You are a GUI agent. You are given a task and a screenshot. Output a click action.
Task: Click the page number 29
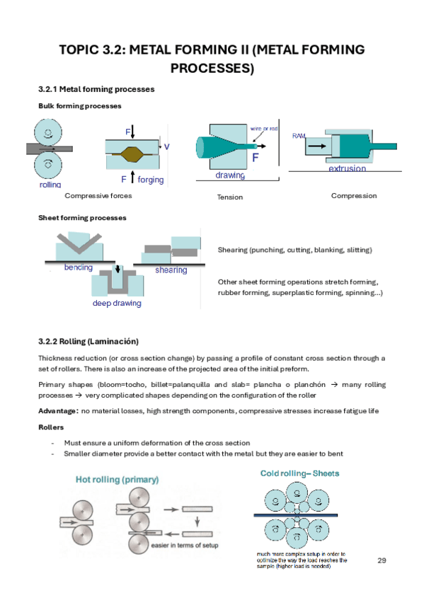coord(382,560)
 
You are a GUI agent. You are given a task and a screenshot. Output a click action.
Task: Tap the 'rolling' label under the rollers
coord(50,185)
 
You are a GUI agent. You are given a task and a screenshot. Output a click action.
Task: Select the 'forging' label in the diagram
coord(150,180)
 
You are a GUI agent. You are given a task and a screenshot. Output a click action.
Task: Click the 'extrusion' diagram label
coord(347,168)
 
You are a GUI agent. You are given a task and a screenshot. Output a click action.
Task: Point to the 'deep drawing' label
coord(117,303)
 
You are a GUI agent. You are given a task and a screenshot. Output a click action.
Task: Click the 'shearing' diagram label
coord(171,270)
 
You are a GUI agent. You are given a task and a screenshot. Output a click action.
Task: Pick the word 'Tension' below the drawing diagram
coord(229,197)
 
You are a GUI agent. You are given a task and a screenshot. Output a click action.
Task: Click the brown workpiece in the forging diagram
coord(132,154)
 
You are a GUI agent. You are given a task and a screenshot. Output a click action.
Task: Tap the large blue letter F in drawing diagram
coord(256,157)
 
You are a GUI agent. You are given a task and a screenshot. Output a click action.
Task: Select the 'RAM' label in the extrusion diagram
coord(299,136)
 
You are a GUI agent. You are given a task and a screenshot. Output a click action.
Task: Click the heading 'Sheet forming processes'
coord(82,218)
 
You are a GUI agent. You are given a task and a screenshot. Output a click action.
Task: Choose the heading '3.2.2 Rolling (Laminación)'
coord(88,341)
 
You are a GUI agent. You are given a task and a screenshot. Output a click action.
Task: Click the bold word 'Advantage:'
coord(59,410)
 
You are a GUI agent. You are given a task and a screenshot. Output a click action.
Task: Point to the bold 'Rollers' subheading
coord(51,427)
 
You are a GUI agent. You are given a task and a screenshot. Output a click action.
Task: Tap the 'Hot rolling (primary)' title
coord(117,480)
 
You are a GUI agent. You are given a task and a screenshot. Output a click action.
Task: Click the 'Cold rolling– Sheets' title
coord(299,473)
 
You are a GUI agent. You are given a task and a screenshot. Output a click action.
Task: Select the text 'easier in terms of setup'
coord(185,546)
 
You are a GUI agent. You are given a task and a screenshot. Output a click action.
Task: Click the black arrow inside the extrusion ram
coord(317,146)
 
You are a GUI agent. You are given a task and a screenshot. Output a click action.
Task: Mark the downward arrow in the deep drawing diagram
coord(118,269)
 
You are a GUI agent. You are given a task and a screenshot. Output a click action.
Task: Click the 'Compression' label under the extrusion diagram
coord(354,196)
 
